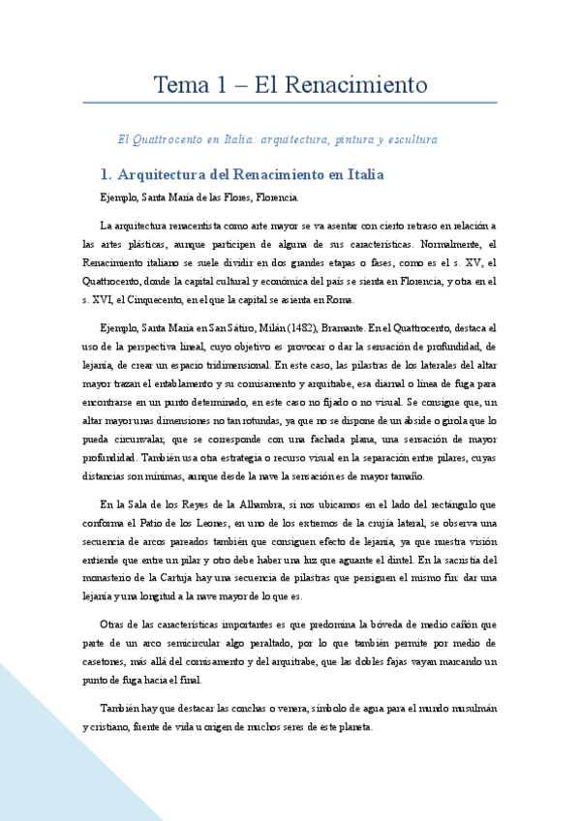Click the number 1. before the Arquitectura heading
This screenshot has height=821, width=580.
107,175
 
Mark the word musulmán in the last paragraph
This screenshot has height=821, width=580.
472,710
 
